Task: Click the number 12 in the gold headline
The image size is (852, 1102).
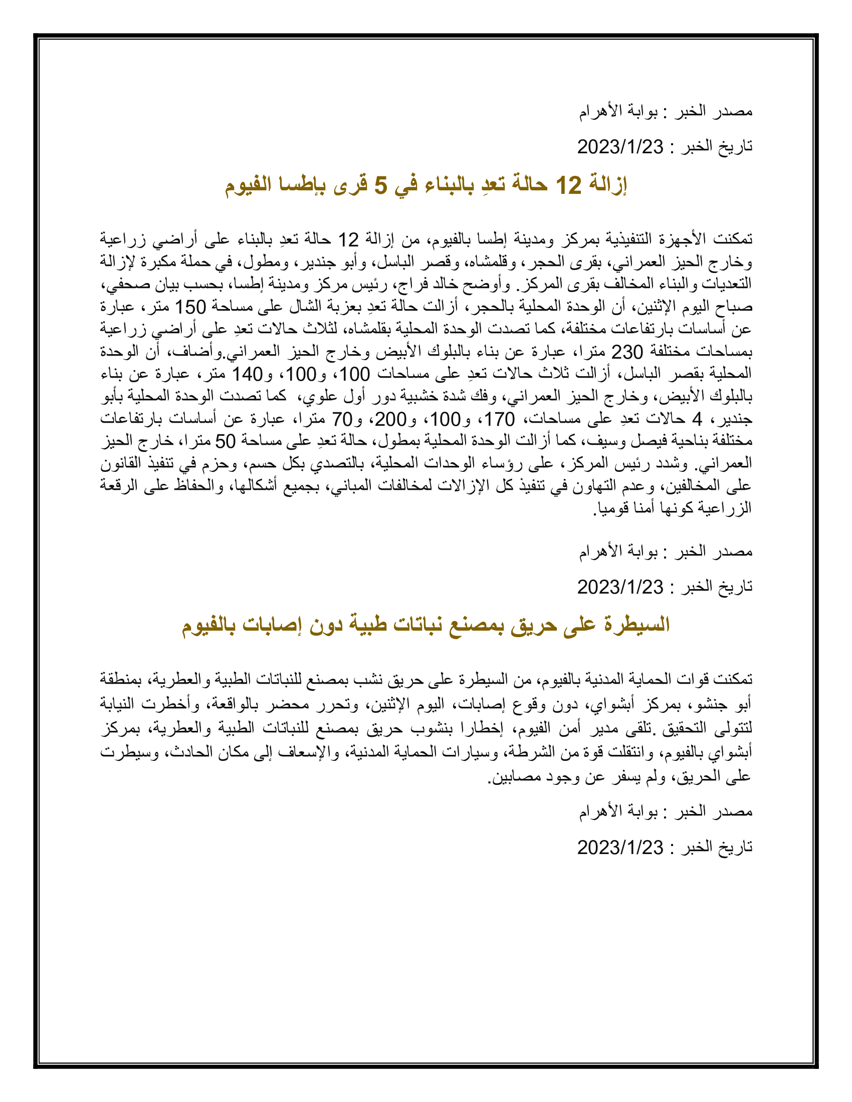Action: [x=568, y=186]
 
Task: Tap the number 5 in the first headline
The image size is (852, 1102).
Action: [x=380, y=186]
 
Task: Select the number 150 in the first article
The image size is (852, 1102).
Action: [x=190, y=307]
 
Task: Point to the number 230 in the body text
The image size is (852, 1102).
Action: [x=627, y=351]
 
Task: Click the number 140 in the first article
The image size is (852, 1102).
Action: [x=247, y=374]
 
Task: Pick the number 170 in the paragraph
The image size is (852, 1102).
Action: [x=500, y=419]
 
